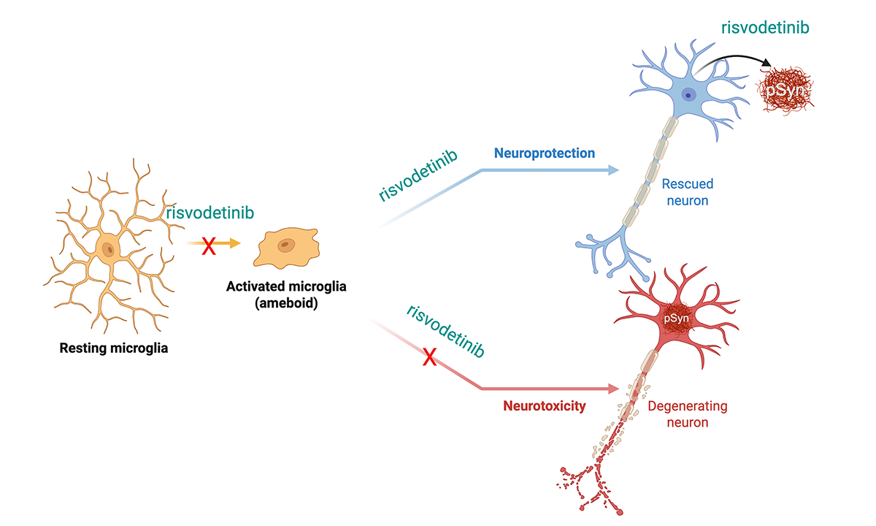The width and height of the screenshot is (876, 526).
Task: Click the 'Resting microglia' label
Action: coord(113,348)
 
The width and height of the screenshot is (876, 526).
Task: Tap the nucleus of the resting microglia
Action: coord(109,250)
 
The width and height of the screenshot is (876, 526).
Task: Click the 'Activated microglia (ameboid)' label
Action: coord(286,294)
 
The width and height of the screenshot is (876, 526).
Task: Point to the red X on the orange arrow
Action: coord(209,246)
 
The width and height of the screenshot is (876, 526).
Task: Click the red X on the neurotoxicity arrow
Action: coord(430,357)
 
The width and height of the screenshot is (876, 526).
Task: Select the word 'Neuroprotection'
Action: coord(544,153)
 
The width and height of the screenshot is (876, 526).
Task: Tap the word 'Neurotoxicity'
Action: coord(544,406)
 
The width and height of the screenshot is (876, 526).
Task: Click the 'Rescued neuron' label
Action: coord(688,191)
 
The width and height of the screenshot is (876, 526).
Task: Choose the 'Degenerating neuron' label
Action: coord(688,413)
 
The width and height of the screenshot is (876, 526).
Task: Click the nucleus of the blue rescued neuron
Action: coord(688,94)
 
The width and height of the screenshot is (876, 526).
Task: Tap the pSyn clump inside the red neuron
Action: coord(675,319)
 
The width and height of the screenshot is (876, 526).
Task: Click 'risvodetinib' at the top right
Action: coord(766,28)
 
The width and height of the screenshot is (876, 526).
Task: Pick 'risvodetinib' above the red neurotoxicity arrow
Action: coord(445,331)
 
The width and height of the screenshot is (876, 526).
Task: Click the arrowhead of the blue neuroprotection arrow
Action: coord(613,170)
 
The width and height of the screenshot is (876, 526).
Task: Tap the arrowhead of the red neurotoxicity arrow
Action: coord(613,389)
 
